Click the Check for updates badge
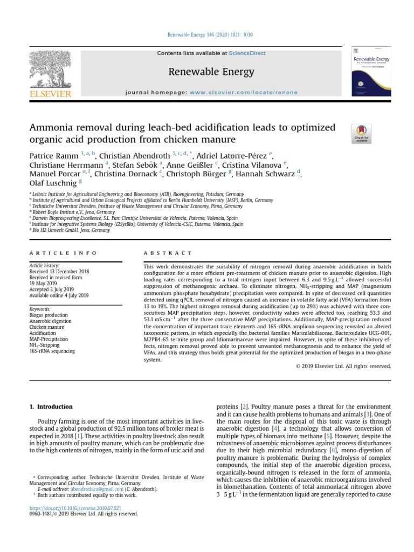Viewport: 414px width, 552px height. tap(361, 134)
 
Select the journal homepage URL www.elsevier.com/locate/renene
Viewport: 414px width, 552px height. tap(243, 92)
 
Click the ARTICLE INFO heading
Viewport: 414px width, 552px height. tap(63, 252)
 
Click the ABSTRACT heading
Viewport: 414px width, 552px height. tap(168, 252)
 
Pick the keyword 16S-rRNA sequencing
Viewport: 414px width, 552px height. tap(52, 351)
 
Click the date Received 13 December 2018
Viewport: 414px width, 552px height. tap(59, 272)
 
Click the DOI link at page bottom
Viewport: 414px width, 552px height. tap(75, 508)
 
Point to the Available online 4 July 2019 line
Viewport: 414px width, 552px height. tap(59, 295)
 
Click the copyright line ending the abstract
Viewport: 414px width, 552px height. tap(343, 366)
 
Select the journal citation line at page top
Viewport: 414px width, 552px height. tap(206, 35)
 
